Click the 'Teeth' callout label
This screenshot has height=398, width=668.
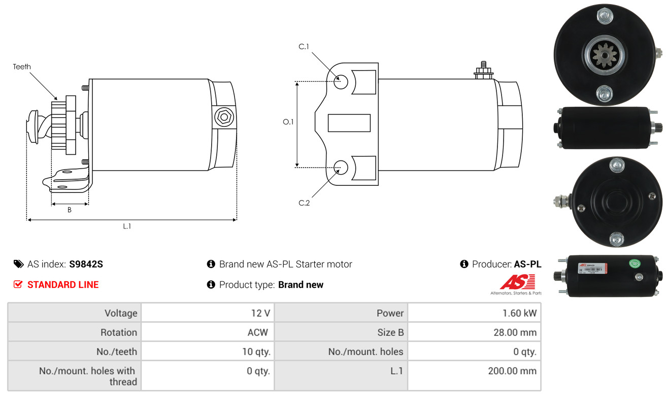coord(21,67)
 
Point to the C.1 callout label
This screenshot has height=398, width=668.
coord(304,47)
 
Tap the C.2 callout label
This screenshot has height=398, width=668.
coord(304,203)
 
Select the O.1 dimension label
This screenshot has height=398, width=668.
coord(288,122)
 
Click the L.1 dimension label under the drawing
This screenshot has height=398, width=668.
coord(127,226)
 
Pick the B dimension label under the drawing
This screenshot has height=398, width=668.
coord(70,210)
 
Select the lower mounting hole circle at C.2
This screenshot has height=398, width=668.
coord(341,168)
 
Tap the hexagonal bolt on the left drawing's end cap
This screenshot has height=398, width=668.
coord(224,117)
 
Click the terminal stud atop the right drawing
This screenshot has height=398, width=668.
coord(483,70)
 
